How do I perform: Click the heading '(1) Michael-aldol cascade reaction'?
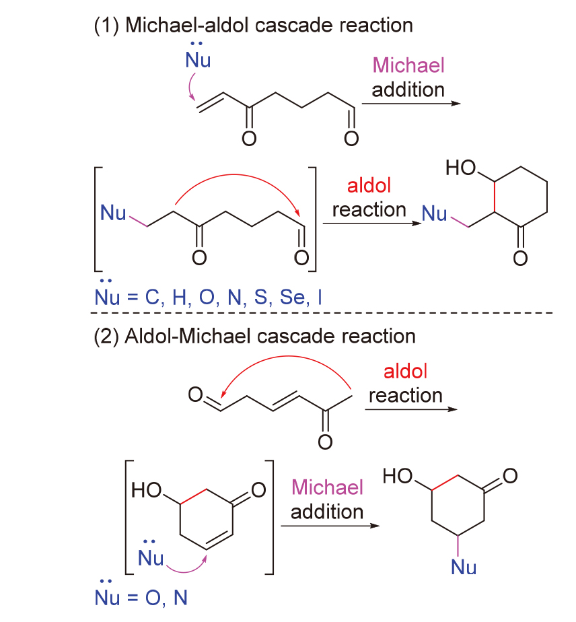click(253, 26)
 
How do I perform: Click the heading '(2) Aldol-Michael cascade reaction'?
click(254, 337)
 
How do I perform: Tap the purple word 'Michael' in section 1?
click(408, 65)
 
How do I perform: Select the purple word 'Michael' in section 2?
click(327, 487)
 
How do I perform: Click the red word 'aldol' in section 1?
click(369, 185)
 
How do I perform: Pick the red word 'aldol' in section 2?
click(405, 372)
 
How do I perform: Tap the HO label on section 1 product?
click(461, 168)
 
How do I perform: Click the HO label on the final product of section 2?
click(398, 476)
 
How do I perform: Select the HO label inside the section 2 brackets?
click(146, 490)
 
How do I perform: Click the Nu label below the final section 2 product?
click(464, 567)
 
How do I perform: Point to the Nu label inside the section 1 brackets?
click(113, 213)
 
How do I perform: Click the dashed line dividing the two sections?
click(322, 313)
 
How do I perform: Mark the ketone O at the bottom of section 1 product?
click(520, 258)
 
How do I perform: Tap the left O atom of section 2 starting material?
click(195, 394)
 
